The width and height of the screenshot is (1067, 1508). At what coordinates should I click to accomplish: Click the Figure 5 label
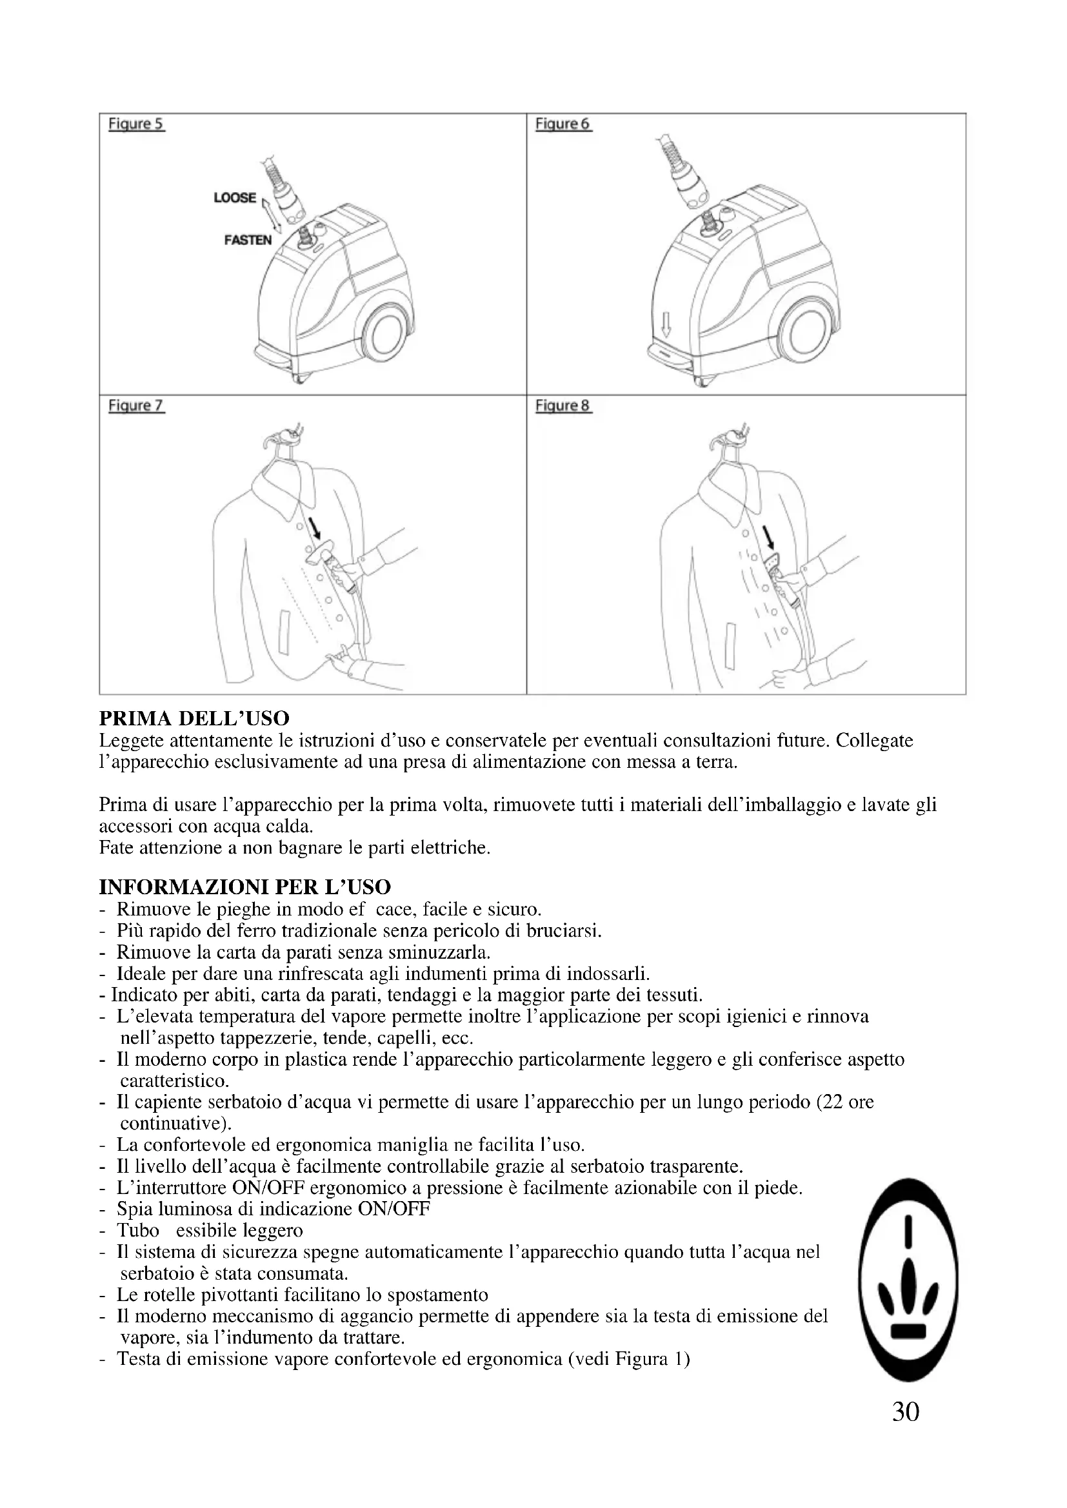(136, 124)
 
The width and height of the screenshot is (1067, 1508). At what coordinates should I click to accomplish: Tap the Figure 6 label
(563, 124)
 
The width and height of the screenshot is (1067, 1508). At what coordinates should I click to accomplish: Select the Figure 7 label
(136, 406)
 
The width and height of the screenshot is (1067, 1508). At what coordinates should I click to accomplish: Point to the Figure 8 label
(563, 406)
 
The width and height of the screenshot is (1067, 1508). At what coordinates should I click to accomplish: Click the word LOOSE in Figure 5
(235, 198)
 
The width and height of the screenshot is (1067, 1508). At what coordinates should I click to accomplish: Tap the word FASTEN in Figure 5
(248, 240)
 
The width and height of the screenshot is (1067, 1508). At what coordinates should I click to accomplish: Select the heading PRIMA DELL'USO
(194, 718)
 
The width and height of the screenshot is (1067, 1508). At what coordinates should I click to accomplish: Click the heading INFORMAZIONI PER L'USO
(244, 887)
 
